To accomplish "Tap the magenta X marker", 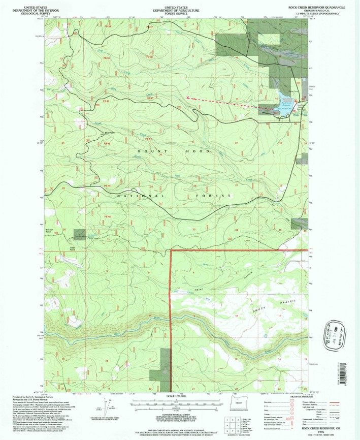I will [188, 98].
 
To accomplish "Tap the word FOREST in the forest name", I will [209, 196].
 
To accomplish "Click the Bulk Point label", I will [109, 133].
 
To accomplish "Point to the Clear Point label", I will [72, 248].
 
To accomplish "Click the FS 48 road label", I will [107, 217].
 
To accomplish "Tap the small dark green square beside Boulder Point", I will [80, 234].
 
